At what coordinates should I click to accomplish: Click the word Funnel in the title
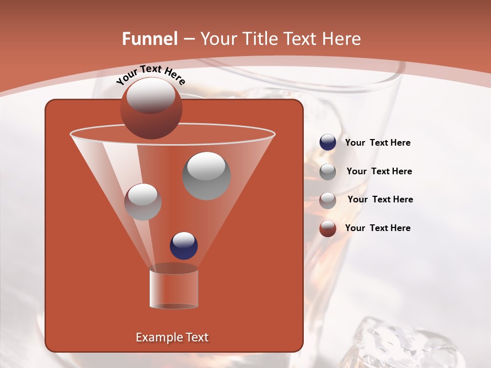pyautogui.click(x=149, y=39)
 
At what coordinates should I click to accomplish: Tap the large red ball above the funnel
pyautogui.click(x=151, y=108)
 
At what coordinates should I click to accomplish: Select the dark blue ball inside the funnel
pyautogui.click(x=184, y=245)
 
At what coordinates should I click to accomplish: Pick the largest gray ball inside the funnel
pyautogui.click(x=206, y=176)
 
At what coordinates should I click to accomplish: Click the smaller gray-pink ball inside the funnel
pyautogui.click(x=143, y=202)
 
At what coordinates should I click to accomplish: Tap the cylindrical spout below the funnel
pyautogui.click(x=174, y=289)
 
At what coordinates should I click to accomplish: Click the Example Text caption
pyautogui.click(x=172, y=337)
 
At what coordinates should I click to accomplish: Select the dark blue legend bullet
pyautogui.click(x=327, y=143)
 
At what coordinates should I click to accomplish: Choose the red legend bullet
pyautogui.click(x=327, y=228)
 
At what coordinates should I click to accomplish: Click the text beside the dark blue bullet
pyautogui.click(x=377, y=143)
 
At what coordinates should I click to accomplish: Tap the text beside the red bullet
pyautogui.click(x=377, y=228)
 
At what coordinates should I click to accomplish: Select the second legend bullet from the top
pyautogui.click(x=327, y=172)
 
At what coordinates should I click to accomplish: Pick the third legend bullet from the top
pyautogui.click(x=327, y=200)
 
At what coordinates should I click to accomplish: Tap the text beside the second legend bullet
pyautogui.click(x=379, y=171)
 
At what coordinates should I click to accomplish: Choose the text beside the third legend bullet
pyautogui.click(x=380, y=199)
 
